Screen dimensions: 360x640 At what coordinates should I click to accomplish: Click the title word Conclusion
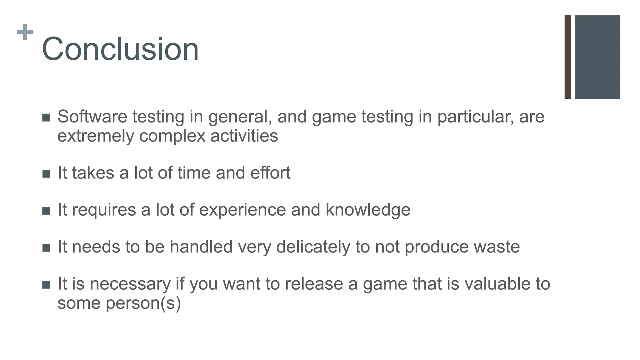click(x=120, y=49)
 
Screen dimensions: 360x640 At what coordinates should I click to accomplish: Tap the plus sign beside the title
click(x=25, y=32)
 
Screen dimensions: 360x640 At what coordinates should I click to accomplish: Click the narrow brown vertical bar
click(x=568, y=57)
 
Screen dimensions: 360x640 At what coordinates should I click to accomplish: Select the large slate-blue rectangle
click(x=597, y=57)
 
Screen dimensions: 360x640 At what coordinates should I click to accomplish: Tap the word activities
click(x=244, y=136)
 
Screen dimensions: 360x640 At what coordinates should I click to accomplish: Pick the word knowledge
click(x=368, y=210)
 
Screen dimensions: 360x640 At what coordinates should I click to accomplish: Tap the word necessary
click(x=130, y=284)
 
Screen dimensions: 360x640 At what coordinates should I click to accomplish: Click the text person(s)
click(x=143, y=303)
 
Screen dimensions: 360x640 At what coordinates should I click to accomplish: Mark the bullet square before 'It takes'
click(x=46, y=174)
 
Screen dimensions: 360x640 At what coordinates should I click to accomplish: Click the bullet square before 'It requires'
click(x=46, y=211)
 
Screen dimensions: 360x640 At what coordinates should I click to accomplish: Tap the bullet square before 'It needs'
click(x=46, y=248)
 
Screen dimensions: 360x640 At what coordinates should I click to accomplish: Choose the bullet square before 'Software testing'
click(x=46, y=118)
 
